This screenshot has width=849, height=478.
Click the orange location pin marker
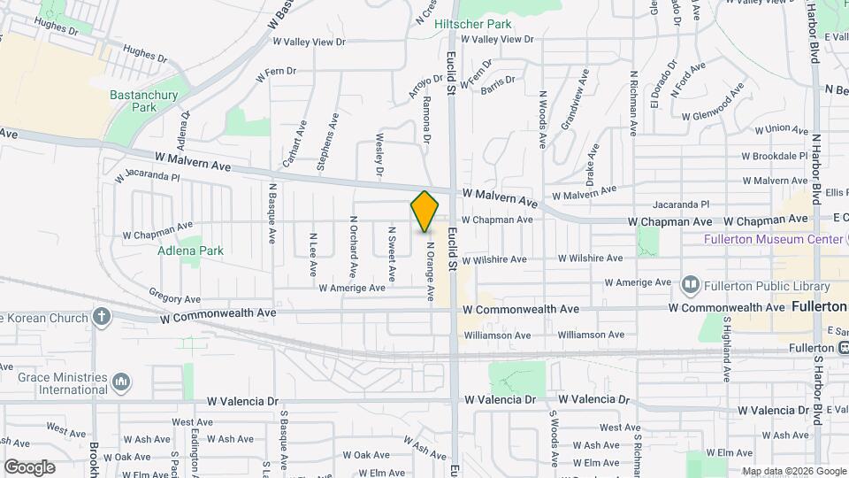424,212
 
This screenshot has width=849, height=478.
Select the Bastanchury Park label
143,101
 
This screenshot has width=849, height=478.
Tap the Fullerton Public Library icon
691,286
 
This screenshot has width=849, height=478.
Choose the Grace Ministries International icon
121,382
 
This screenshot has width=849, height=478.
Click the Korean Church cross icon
103,317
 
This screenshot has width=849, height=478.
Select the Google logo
29,466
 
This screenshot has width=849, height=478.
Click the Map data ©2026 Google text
792,471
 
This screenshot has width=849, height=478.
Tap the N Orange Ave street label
431,271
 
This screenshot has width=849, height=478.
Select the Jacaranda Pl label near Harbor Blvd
679,204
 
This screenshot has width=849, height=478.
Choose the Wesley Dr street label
379,155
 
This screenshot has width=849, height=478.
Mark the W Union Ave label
775,129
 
